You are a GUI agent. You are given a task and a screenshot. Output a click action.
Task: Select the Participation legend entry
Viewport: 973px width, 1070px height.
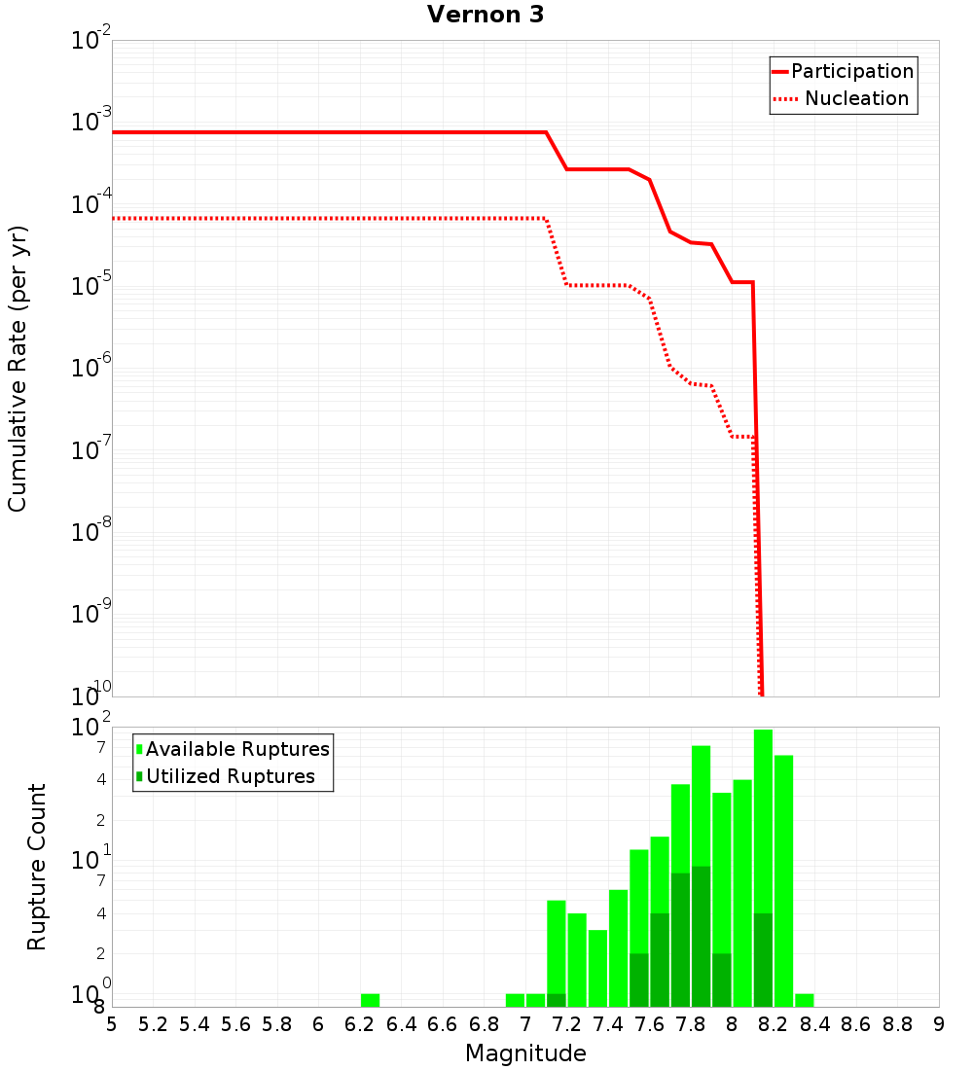(x=851, y=71)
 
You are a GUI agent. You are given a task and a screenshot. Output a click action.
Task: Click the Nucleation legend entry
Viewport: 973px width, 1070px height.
(x=855, y=98)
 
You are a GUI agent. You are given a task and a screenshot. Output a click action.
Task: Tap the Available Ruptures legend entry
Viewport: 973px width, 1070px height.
(x=236, y=749)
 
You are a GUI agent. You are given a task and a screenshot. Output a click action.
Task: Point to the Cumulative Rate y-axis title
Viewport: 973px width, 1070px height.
(x=18, y=368)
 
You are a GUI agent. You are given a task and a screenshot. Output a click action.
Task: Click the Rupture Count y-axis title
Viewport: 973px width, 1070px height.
(x=37, y=866)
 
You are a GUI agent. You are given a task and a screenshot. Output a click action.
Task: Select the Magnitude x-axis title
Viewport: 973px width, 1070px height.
(x=525, y=1053)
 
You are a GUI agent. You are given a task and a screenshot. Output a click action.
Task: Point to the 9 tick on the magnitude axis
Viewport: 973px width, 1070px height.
(x=939, y=1024)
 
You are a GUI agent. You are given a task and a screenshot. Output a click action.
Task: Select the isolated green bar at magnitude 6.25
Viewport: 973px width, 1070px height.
(x=370, y=1000)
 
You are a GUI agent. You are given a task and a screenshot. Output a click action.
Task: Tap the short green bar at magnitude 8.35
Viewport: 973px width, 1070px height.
(x=805, y=1000)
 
